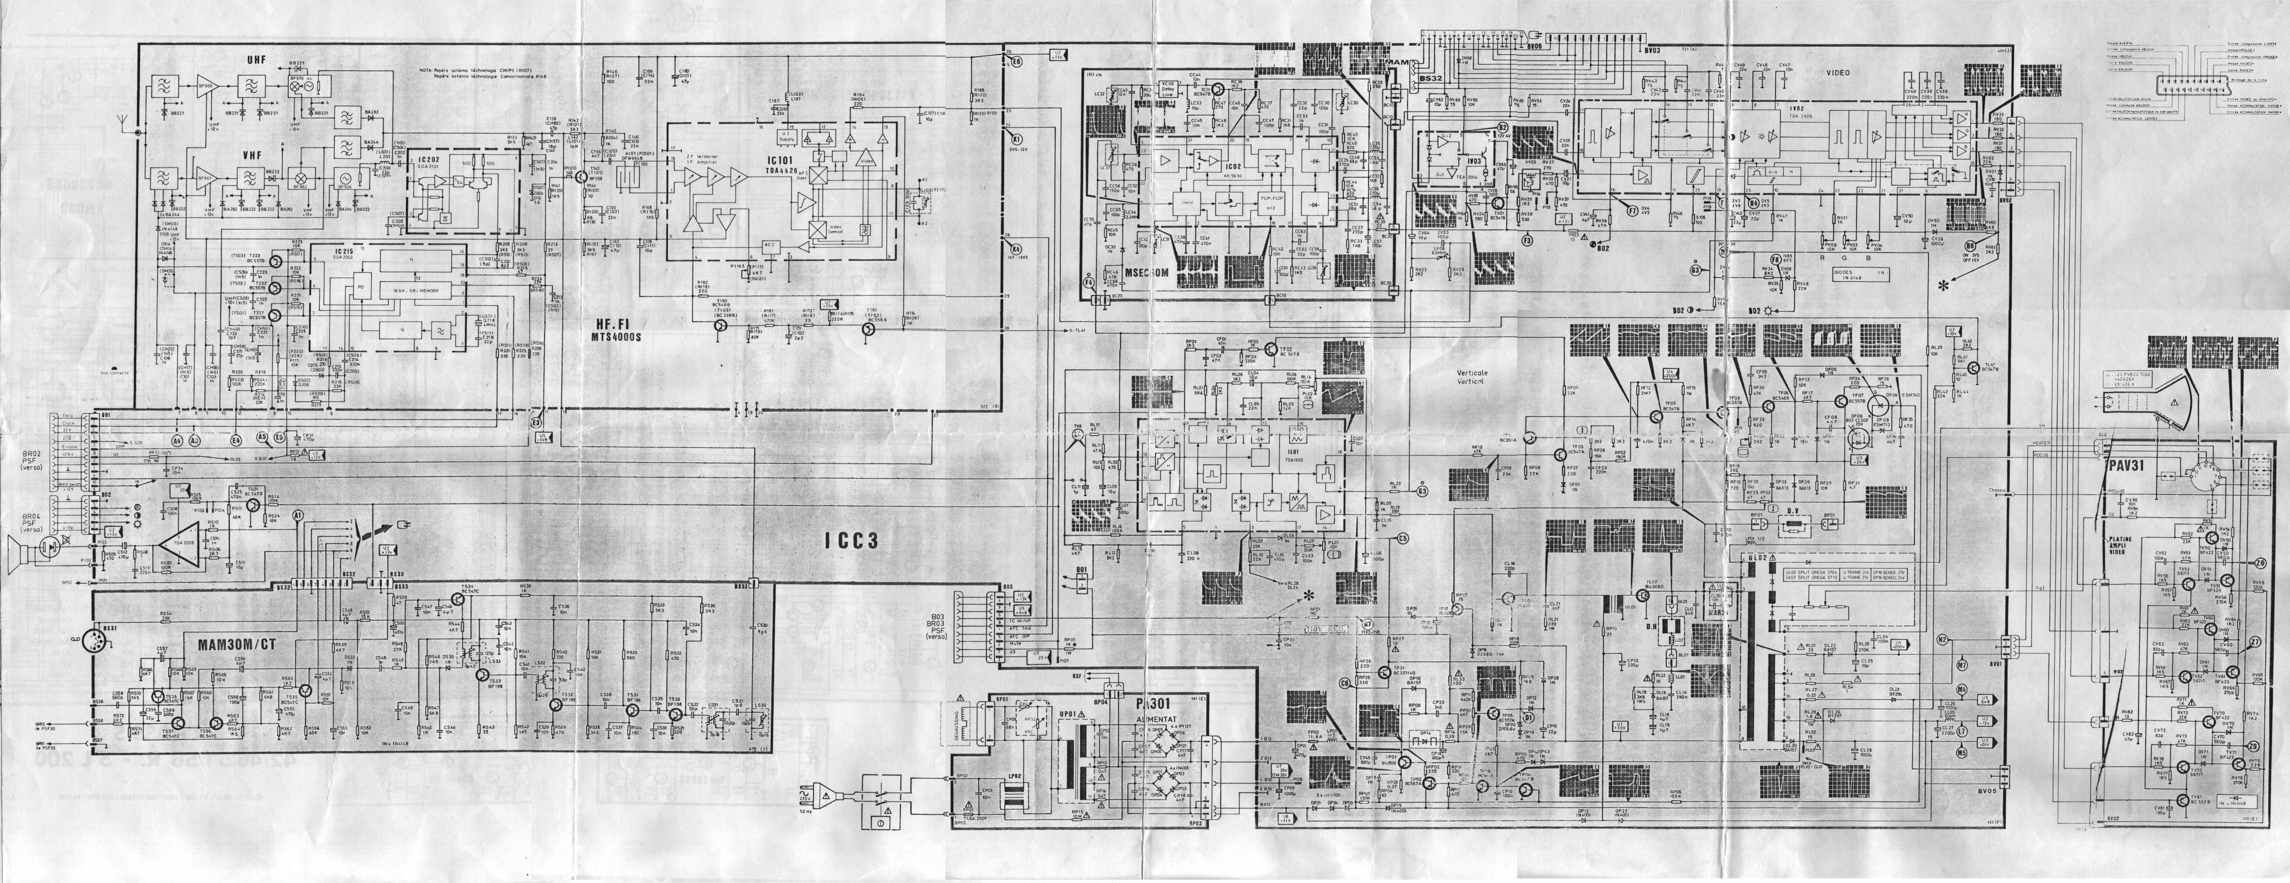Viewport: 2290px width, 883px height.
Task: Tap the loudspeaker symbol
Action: [27, 549]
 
